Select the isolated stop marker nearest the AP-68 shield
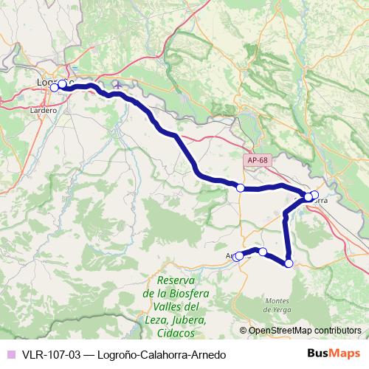[x=240, y=188]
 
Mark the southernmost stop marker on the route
[x=289, y=263]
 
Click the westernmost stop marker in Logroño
[x=54, y=88]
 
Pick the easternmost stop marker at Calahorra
[x=315, y=196]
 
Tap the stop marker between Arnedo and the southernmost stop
[x=263, y=252]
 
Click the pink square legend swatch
[x=11, y=354]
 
